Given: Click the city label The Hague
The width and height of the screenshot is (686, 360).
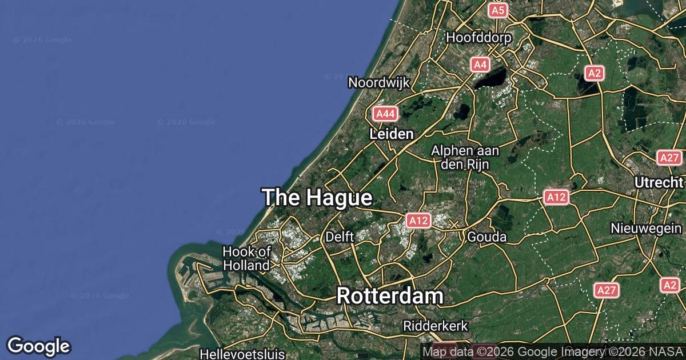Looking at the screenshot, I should click(x=317, y=198).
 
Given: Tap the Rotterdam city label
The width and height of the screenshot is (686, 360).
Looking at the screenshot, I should click(x=390, y=296).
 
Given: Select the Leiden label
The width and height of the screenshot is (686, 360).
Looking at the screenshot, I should click(x=392, y=134).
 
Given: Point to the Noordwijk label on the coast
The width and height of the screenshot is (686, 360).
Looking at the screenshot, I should click(x=379, y=82).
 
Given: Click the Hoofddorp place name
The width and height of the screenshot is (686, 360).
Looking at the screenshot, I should click(x=479, y=37).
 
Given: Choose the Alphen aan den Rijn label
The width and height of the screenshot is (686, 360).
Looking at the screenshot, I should click(x=465, y=157).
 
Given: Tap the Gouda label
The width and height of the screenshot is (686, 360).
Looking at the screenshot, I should click(x=487, y=236).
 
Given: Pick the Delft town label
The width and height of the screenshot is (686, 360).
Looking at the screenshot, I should click(x=340, y=236).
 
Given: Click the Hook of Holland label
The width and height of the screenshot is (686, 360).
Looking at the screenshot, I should click(x=246, y=258).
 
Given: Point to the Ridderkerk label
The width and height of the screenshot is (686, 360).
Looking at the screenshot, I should click(x=436, y=326).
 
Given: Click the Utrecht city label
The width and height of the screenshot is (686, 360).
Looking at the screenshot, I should click(x=659, y=182).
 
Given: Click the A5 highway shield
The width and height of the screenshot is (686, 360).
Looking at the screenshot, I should click(x=498, y=10).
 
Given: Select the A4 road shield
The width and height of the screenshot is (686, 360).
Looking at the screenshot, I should click(x=480, y=65).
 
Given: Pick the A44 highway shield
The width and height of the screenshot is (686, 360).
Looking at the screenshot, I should click(x=385, y=114).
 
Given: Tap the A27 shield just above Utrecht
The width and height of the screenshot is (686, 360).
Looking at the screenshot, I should click(x=669, y=158).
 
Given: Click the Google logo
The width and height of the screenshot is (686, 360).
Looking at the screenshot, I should click(x=39, y=346).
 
